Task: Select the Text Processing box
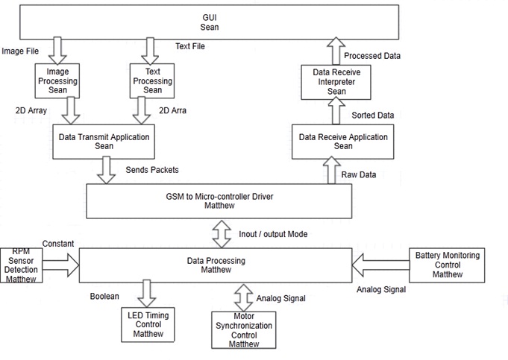(152, 80)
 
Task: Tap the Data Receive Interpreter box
(336, 81)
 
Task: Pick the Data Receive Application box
(342, 142)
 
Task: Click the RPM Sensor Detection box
(21, 264)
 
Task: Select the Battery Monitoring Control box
(448, 265)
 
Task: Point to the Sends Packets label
(151, 170)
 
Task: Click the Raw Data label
(358, 174)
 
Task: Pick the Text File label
(189, 46)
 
